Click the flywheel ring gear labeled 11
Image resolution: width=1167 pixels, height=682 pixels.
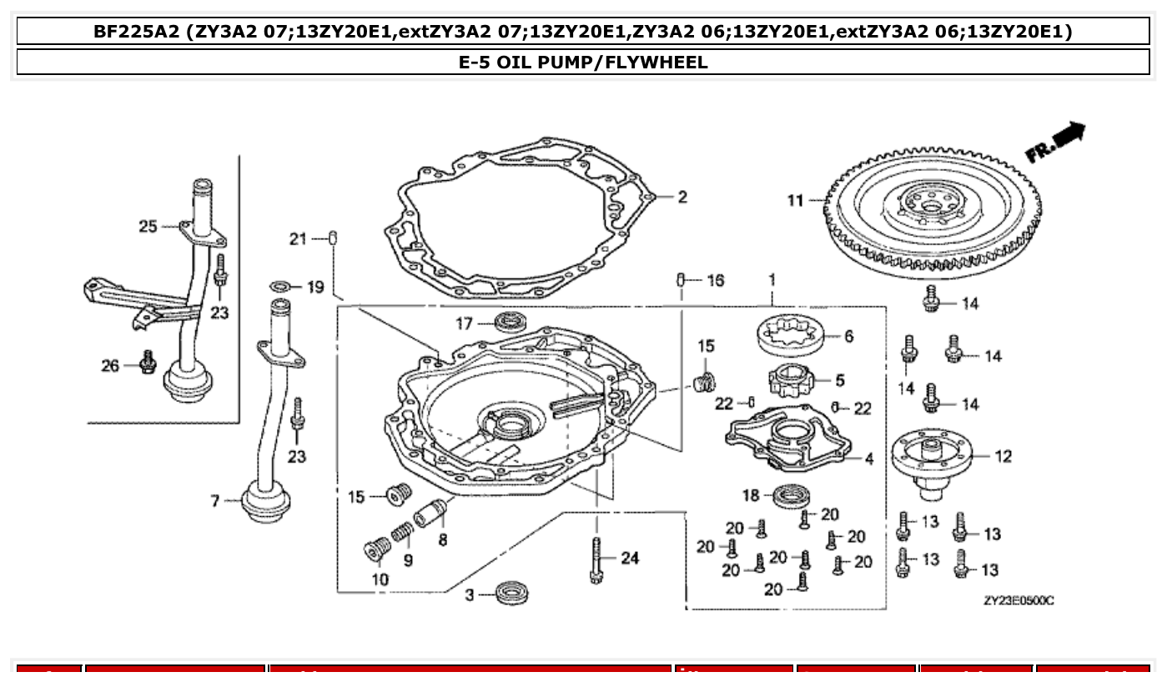(934, 208)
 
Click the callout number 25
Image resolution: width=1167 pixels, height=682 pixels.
(148, 226)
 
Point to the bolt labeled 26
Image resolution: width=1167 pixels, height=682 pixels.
(148, 361)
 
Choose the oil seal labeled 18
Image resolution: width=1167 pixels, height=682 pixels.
(787, 496)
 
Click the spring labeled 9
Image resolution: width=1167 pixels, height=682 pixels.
(402, 529)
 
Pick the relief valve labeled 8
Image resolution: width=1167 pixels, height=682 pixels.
(431, 510)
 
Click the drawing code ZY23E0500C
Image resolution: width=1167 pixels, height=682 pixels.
(1018, 600)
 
